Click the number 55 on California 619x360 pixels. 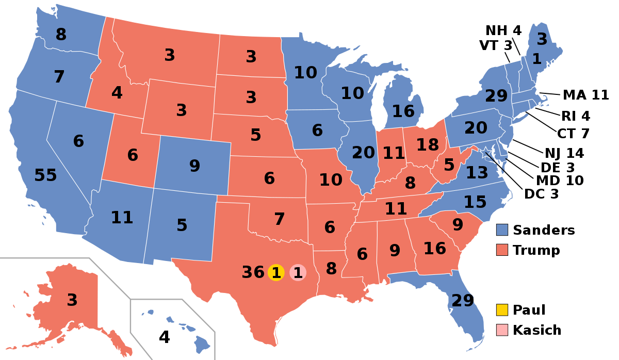point(45,175)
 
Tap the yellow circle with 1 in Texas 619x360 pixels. point(276,272)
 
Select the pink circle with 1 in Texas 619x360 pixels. point(298,272)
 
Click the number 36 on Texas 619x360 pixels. point(253,272)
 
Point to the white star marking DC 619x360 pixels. point(485,153)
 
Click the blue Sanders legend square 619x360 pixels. point(502,230)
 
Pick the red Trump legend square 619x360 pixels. point(502,250)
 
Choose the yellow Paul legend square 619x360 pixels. point(502,310)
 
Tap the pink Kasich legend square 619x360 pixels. point(502,330)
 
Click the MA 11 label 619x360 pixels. point(585,95)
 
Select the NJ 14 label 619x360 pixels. point(564,153)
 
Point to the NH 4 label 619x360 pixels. point(503,31)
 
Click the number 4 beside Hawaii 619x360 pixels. point(164,337)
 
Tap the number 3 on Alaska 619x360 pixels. point(72,300)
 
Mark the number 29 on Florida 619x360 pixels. point(463,300)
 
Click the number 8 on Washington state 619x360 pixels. point(61,35)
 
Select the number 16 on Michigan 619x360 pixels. point(403,111)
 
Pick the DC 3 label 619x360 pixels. point(541,194)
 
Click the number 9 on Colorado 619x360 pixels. point(194,166)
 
